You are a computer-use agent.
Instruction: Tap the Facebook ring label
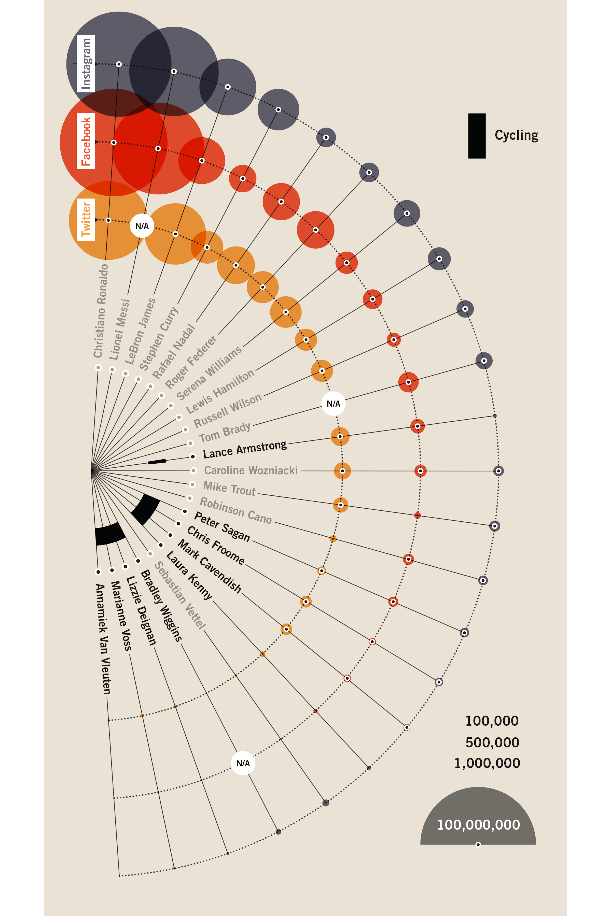[x=86, y=141]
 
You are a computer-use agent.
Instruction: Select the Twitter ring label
[x=86, y=220]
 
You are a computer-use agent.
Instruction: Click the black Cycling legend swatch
[x=477, y=136]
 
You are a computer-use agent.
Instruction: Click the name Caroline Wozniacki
[x=251, y=470]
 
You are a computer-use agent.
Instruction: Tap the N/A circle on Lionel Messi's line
[x=142, y=226]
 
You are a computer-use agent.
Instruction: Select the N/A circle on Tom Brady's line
[x=333, y=404]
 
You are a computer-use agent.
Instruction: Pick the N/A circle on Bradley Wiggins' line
[x=243, y=763]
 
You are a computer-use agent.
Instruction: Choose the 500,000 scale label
[x=492, y=742]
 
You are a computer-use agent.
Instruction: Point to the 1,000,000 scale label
[x=487, y=763]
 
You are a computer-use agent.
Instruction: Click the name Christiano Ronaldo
[x=101, y=311]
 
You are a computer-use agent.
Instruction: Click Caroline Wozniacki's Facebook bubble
[x=420, y=471]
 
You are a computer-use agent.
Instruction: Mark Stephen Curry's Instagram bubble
[x=278, y=109]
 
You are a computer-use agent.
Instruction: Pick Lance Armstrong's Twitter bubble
[x=340, y=437]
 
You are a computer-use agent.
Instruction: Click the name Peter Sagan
[x=222, y=526]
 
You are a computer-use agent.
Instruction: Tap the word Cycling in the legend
[x=516, y=135]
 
